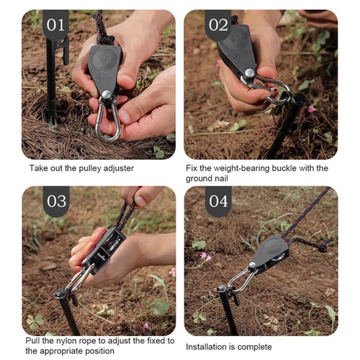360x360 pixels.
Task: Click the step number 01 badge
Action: pyautogui.click(x=56, y=24)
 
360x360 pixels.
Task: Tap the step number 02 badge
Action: pyautogui.click(x=218, y=24)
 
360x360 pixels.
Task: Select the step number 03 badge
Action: pyautogui.click(x=56, y=201)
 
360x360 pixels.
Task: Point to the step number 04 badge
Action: pyautogui.click(x=219, y=201)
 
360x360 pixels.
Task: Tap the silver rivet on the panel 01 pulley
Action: pyautogui.click(x=106, y=95)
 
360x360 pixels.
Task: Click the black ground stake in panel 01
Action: pyautogui.click(x=51, y=79)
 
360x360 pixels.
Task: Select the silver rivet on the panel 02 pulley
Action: pyautogui.click(x=249, y=73)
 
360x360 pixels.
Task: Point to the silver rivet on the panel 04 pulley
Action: pyautogui.click(x=252, y=265)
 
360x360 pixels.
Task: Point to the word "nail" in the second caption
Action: pyautogui.click(x=221, y=179)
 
